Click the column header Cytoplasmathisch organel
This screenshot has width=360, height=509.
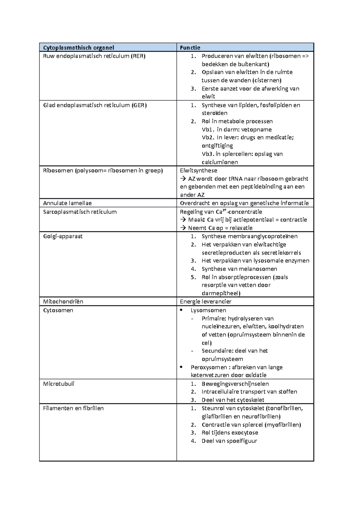point(79,47)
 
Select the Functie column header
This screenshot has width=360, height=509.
point(190,47)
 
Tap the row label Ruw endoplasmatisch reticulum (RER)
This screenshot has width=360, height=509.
point(94,56)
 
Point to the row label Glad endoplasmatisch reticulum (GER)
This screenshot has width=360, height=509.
point(95,105)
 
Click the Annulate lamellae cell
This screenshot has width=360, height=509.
point(67,203)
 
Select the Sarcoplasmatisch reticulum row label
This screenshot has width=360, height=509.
point(80,212)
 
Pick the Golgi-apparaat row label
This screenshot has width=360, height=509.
point(63,236)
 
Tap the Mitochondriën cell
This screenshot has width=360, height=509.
point(63,302)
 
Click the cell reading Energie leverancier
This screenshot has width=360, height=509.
point(205,302)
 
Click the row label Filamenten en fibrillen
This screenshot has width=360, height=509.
point(73,408)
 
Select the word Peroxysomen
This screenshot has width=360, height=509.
point(209,367)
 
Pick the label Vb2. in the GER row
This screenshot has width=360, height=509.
point(208,138)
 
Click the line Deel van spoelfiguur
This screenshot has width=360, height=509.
point(229,441)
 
